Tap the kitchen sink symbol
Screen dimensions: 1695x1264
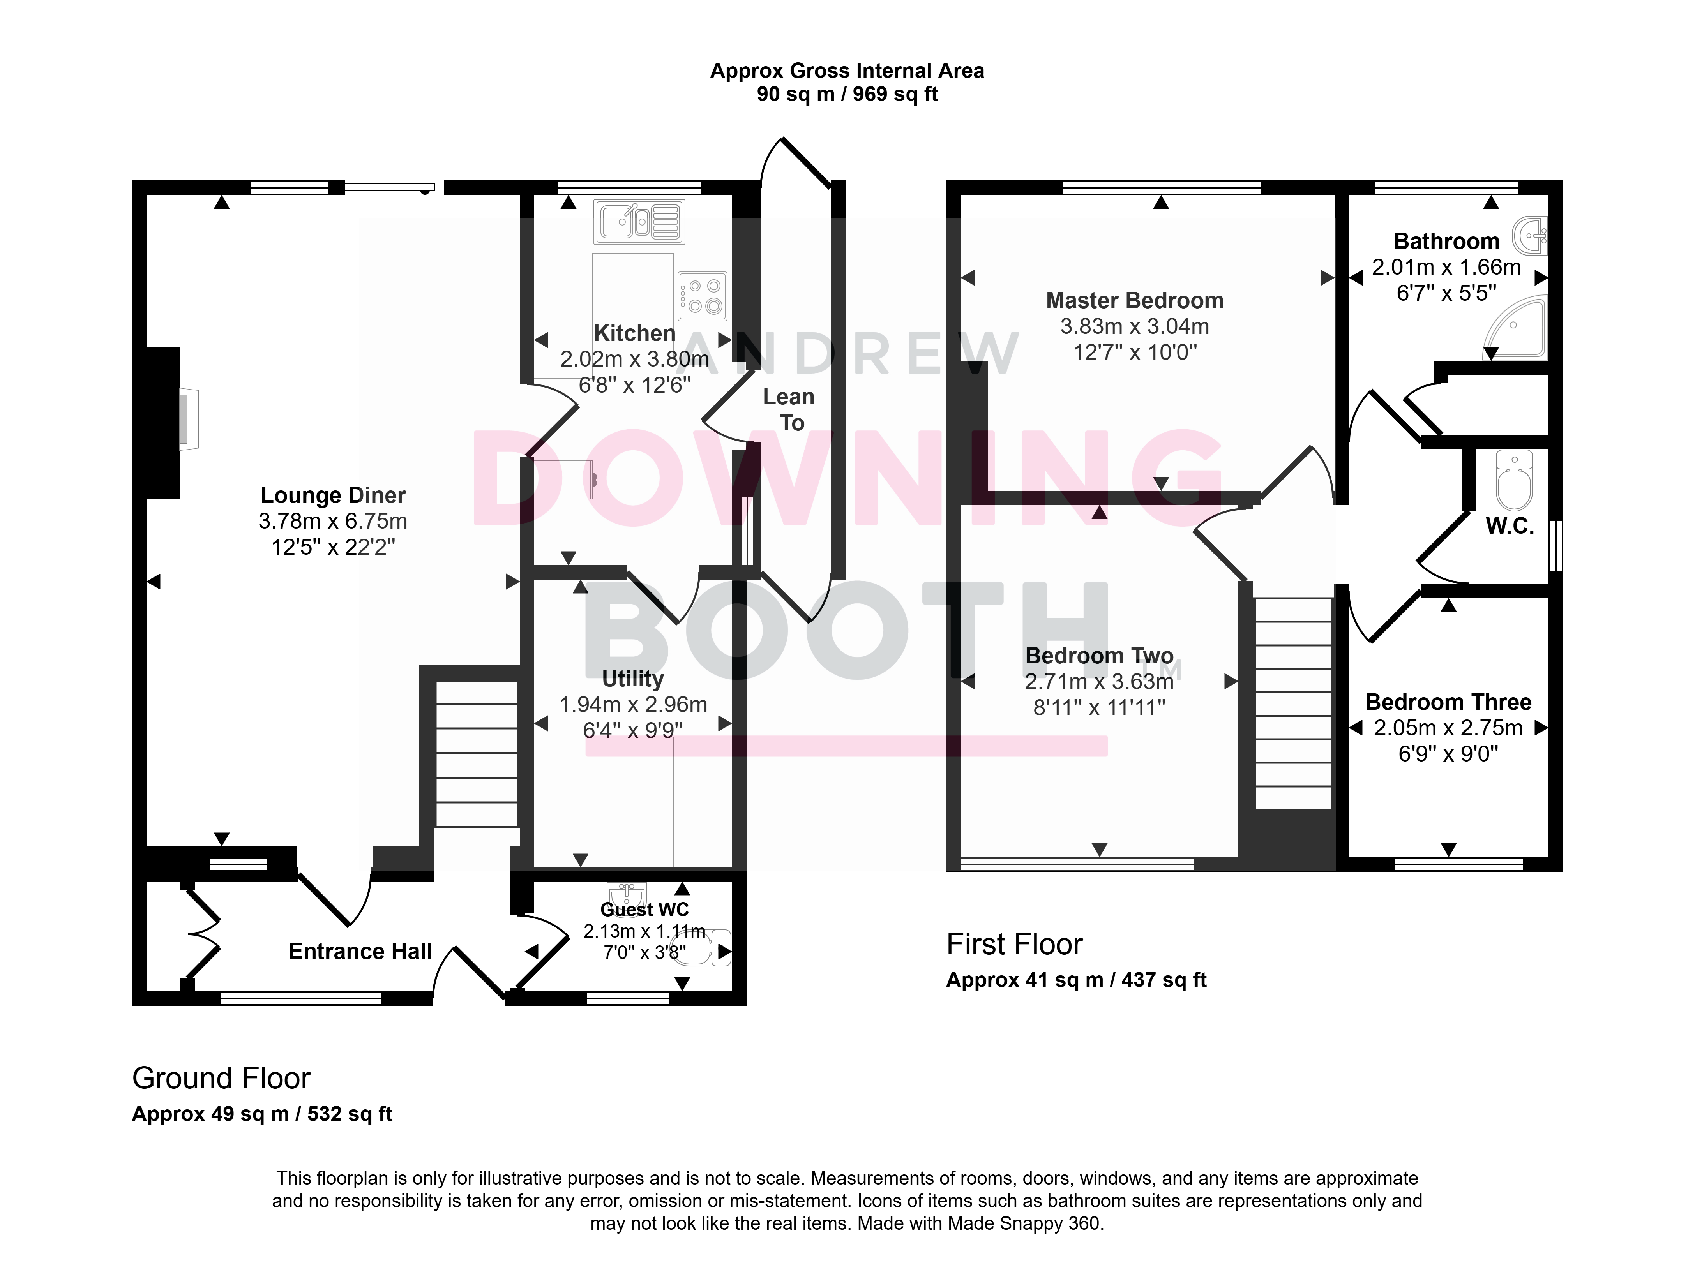tap(639, 222)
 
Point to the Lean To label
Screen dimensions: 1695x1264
tap(789, 409)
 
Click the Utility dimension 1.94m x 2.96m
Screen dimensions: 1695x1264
tap(633, 705)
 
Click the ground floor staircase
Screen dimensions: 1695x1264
tap(477, 754)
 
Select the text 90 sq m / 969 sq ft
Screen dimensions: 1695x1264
tap(847, 94)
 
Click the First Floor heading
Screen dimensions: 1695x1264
tap(1015, 944)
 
